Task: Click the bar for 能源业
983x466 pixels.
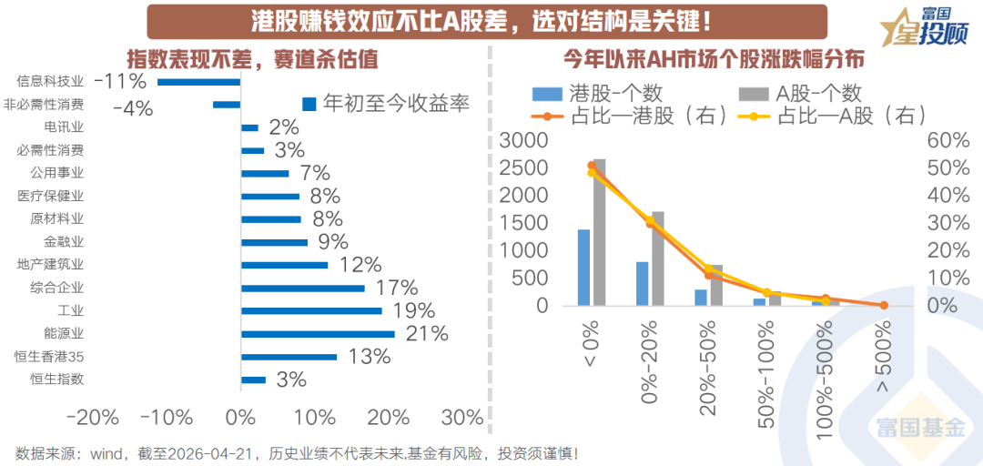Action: point(318,334)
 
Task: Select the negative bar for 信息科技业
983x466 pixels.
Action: point(199,82)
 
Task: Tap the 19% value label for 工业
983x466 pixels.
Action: point(413,311)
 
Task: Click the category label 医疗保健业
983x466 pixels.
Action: point(51,196)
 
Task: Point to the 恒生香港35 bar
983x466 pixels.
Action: point(289,357)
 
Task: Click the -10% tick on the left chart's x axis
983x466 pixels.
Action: point(167,418)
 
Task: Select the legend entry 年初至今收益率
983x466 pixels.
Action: point(386,104)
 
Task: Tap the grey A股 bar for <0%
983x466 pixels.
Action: point(599,232)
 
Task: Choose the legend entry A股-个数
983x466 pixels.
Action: point(801,93)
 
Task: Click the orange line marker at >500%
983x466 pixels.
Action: point(883,305)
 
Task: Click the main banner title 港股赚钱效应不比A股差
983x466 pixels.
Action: point(473,21)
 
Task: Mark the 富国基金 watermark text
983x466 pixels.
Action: point(919,428)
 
